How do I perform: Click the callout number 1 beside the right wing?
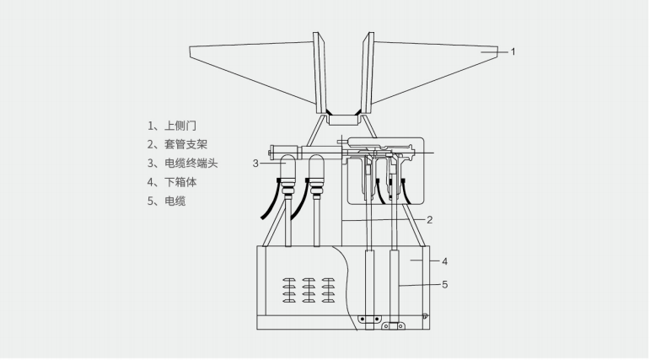coord(513,51)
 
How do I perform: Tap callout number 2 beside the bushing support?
coord(429,220)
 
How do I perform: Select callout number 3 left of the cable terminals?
coord(255,163)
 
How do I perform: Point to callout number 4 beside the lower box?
coord(444,261)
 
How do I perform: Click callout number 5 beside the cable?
coord(444,284)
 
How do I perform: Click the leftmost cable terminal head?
coord(287,173)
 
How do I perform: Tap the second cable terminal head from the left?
coord(317,173)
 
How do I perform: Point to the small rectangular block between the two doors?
coord(341,120)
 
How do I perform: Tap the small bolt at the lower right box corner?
coord(425,316)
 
